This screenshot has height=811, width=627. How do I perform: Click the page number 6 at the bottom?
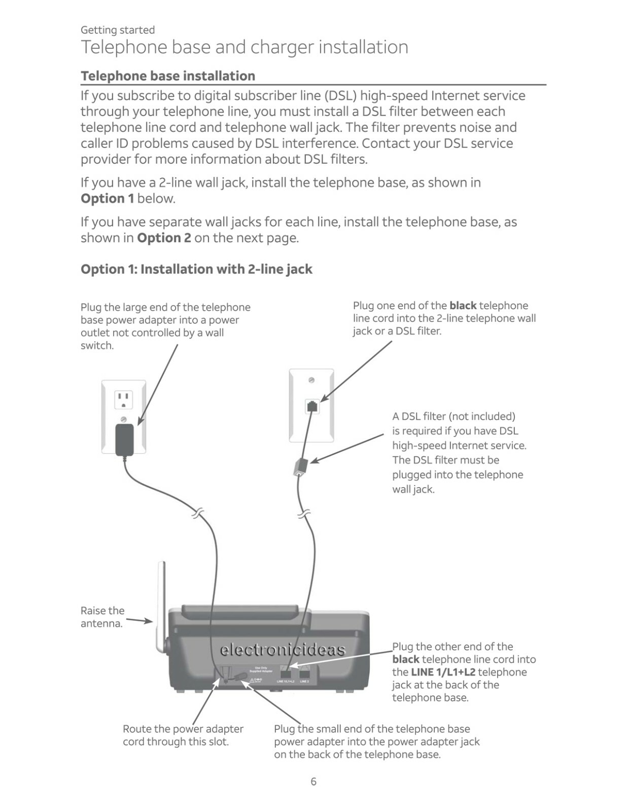point(313,781)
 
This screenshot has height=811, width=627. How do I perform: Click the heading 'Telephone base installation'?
point(168,76)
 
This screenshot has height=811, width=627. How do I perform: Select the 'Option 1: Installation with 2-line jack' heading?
point(196,269)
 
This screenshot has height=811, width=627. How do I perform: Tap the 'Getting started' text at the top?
point(118,30)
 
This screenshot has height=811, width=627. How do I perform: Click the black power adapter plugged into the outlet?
point(124,439)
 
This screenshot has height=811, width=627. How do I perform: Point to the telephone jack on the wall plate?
point(312,406)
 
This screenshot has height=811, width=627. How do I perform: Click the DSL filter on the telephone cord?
point(300,466)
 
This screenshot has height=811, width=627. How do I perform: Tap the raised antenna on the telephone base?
point(162,603)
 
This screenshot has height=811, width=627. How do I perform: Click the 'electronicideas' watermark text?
point(282,650)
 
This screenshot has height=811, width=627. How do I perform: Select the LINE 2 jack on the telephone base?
point(304,674)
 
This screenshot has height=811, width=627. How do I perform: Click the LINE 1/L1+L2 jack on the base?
point(286,674)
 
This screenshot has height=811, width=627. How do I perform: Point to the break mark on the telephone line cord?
point(304,515)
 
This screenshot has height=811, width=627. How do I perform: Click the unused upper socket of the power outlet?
point(123,399)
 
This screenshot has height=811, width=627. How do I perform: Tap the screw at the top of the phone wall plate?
point(311,380)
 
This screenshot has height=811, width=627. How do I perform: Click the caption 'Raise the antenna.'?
point(102,617)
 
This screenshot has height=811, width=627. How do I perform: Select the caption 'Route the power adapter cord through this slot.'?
point(183,735)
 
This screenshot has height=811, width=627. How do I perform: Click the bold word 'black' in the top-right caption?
point(463,306)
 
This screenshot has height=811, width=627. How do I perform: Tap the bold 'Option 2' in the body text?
point(164,238)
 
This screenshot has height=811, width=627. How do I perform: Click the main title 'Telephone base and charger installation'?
point(245,47)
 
